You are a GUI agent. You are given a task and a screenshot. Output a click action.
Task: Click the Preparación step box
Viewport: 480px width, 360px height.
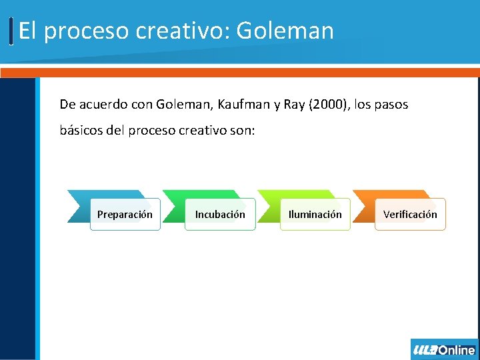click(125, 214)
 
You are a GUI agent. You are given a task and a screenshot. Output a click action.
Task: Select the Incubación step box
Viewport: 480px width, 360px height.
click(220, 214)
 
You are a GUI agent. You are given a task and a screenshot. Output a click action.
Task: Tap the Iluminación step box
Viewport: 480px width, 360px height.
click(315, 214)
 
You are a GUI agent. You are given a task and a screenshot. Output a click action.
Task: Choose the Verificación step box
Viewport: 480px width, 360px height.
click(410, 214)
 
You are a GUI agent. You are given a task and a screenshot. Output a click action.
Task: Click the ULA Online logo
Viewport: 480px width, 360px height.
click(444, 349)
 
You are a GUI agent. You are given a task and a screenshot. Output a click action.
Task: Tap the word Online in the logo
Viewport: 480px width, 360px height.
click(457, 349)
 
